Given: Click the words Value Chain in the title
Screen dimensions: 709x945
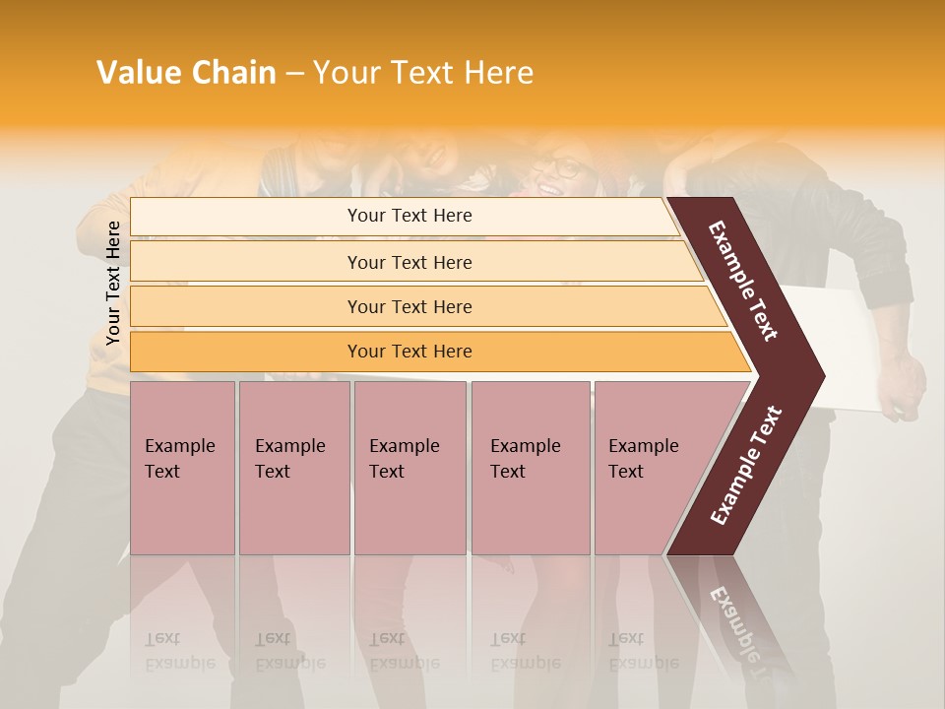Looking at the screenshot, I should tap(186, 73).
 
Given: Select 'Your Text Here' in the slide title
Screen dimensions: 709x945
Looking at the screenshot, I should tap(423, 73).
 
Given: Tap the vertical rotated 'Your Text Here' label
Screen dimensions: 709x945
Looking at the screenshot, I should tap(113, 283).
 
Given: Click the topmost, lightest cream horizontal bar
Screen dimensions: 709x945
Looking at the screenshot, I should tap(409, 216).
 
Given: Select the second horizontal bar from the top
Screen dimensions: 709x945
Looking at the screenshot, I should tap(409, 262).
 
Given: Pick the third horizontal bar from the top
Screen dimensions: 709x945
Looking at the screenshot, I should tap(409, 306).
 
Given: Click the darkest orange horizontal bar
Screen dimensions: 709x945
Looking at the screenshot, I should tap(409, 352).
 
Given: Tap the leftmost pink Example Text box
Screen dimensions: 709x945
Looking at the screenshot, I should tap(182, 468).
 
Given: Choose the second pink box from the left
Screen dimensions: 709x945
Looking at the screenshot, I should tap(293, 468).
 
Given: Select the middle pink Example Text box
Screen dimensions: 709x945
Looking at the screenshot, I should tap(409, 468).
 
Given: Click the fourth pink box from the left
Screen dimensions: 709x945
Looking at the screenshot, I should tap(530, 468).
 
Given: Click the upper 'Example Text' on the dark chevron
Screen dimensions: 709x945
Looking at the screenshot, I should tap(743, 281).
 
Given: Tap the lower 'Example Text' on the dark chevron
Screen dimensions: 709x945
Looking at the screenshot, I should tap(746, 466).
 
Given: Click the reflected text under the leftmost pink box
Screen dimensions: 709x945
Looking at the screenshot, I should tap(179, 651).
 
